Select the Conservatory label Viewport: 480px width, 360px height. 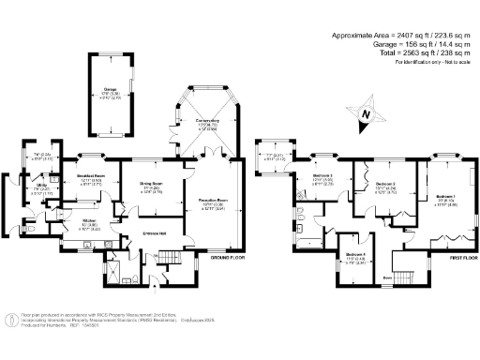click(x=208, y=121)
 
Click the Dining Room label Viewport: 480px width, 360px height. click(x=152, y=184)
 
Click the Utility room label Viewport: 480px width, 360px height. click(x=42, y=187)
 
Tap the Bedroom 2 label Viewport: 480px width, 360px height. click(x=385, y=184)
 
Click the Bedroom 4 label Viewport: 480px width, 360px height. click(x=353, y=254)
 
